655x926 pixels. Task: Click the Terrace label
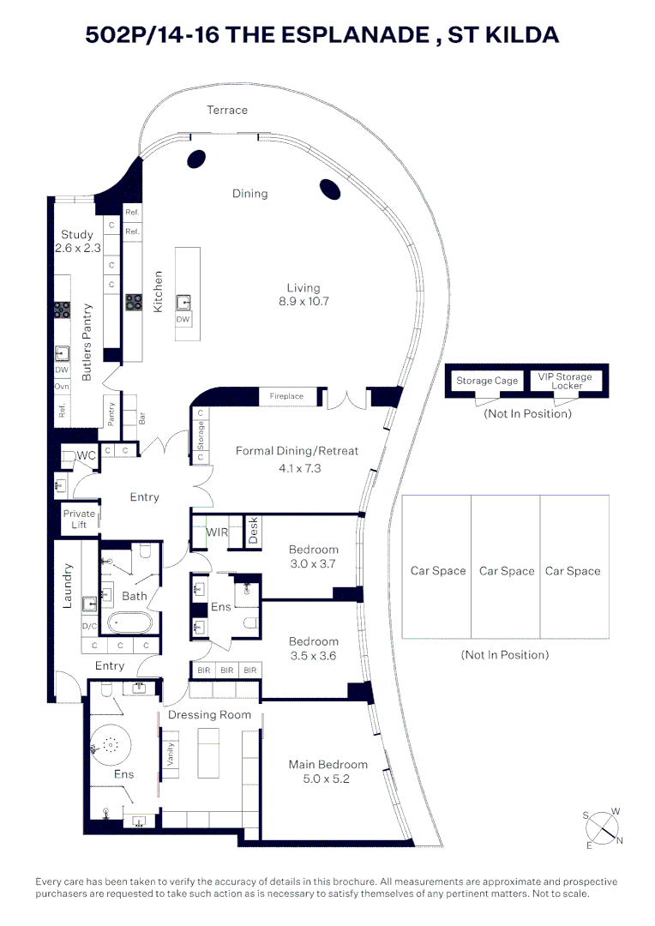pos(227,110)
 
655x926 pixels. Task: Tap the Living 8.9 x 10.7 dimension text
pos(303,302)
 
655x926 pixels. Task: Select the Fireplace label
pos(286,396)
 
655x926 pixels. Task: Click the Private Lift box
pos(80,519)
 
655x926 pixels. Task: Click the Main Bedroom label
pos(328,764)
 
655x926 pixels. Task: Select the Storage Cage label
pos(486,381)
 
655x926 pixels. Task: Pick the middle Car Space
pos(506,570)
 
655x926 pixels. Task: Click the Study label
pos(77,234)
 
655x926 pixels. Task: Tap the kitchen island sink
pos(183,301)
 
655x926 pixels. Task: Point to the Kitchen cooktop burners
pos(135,301)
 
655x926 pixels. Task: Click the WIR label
pos(218,532)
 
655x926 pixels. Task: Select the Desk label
pos(253,533)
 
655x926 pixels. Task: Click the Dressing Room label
pos(209,714)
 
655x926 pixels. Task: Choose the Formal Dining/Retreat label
pos(297,450)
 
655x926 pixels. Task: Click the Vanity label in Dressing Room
pos(170,754)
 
